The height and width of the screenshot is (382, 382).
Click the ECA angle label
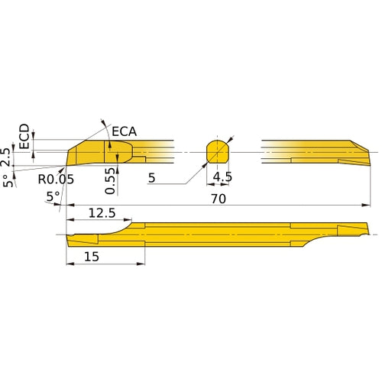pyautogui.click(x=125, y=131)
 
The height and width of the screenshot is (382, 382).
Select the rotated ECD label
pyautogui.click(x=24, y=136)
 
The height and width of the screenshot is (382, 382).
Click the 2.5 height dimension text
pyautogui.click(x=7, y=157)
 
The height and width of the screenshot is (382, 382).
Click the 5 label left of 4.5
pyautogui.click(x=152, y=178)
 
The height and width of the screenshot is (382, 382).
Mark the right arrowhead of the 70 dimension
pyautogui.click(x=364, y=205)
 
